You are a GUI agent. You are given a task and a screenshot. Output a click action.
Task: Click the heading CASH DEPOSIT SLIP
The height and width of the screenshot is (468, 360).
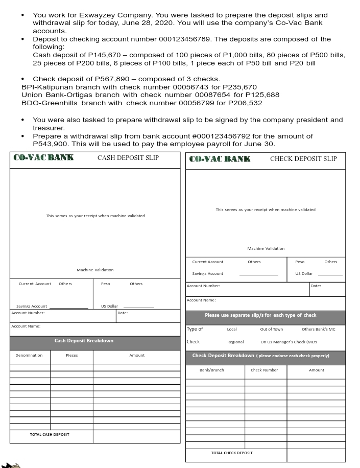coord(128,158)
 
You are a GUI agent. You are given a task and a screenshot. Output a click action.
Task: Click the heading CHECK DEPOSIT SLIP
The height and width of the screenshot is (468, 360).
coord(303,159)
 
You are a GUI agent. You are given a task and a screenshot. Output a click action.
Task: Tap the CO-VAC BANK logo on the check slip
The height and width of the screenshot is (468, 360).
coord(220,159)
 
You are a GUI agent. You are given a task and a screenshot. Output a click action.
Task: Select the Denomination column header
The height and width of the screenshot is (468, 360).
coord(29,355)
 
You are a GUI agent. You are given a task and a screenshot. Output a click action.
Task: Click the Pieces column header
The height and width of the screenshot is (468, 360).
coord(72,355)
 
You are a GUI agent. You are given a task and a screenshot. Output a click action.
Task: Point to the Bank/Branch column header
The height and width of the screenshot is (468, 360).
coord(212,370)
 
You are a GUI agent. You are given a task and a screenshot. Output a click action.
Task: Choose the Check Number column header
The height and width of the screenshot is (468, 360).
coord(265,370)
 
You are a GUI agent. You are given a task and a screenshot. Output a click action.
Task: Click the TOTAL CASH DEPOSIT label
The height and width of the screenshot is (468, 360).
coord(50,435)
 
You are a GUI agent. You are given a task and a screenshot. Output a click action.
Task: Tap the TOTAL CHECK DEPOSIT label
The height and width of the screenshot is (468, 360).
coord(232,453)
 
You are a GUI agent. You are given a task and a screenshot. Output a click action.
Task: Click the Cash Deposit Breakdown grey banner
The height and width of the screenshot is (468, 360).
coord(84,341)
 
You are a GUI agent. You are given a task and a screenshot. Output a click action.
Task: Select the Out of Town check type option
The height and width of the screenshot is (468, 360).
coord(271,330)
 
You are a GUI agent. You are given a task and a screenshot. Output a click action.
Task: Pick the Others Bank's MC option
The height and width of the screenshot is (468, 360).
coord(318,330)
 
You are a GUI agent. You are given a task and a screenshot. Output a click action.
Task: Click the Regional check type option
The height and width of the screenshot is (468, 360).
coord(235,342)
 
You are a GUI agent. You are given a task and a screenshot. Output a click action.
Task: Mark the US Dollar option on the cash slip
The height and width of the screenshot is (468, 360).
coord(109,307)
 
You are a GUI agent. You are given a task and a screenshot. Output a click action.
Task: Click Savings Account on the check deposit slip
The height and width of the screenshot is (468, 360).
coord(207,273)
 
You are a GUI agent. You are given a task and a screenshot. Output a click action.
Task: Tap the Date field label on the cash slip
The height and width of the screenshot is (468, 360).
coord(123,313)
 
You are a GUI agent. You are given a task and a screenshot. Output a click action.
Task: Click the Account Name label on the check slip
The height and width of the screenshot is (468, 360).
coord(201,300)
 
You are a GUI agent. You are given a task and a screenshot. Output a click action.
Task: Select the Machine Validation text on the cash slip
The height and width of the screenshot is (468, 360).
coord(95,270)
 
